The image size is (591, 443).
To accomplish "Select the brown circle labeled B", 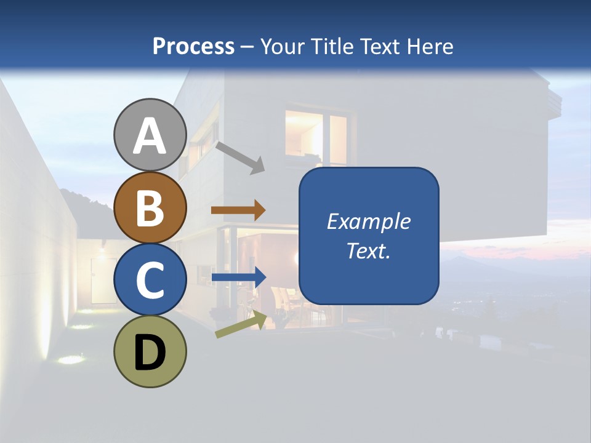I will point(150,207).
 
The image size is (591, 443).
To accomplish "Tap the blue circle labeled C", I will point(150,280).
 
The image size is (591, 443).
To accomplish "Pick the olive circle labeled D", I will point(150,352).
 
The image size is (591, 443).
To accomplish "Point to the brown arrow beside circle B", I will point(238,210).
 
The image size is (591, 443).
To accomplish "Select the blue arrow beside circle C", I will point(239,277).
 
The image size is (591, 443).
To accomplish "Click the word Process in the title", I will point(193,46).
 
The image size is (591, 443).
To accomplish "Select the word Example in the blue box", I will point(368,221).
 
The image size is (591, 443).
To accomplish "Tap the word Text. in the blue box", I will point(368,251).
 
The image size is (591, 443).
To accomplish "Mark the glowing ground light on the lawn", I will point(71,359).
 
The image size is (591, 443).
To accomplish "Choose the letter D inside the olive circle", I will point(150,353).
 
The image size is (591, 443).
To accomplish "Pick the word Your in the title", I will point(281,46).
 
